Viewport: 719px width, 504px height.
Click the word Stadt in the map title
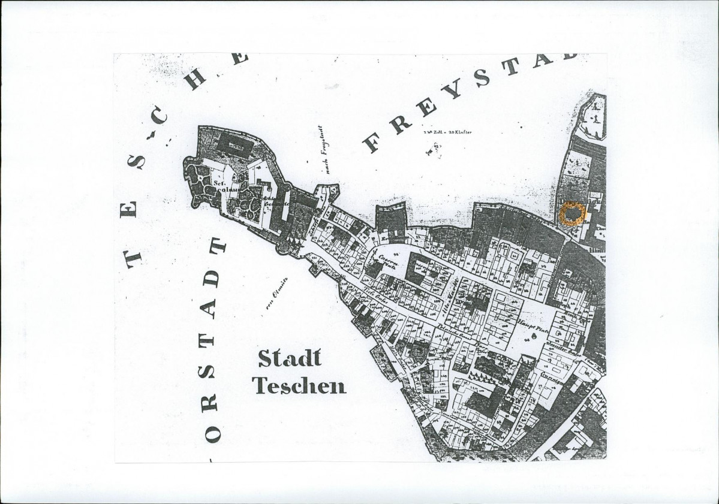point(290,358)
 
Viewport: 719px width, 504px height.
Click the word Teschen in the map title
point(299,385)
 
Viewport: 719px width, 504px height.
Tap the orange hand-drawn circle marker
point(572,214)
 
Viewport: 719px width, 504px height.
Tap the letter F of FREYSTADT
point(373,142)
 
